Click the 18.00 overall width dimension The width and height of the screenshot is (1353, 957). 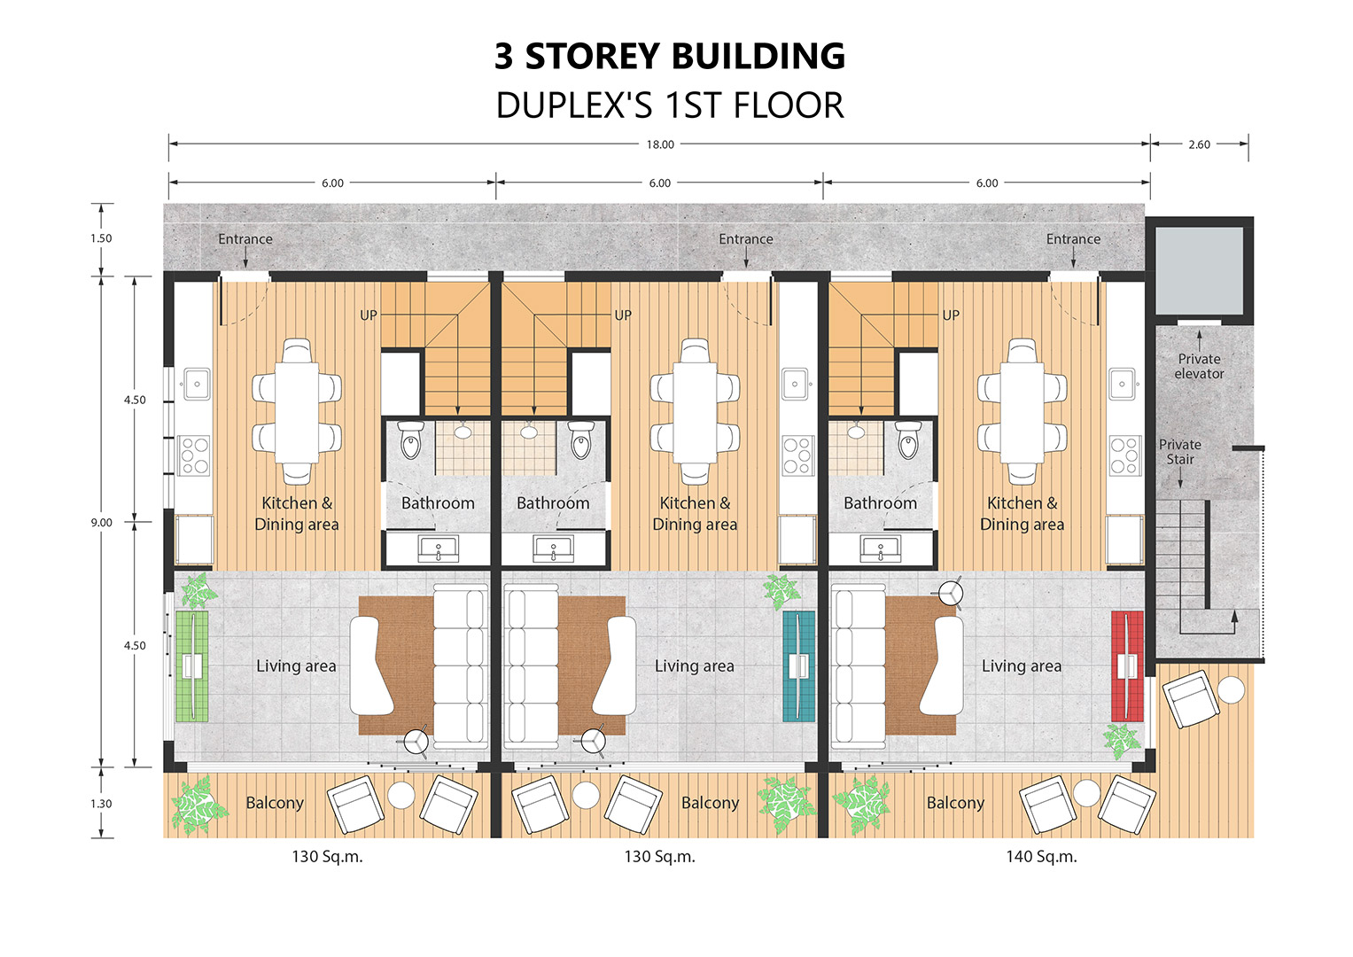[660, 144]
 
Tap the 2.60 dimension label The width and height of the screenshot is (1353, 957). [1199, 144]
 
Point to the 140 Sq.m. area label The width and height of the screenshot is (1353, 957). [1041, 857]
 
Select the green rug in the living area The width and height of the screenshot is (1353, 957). [192, 666]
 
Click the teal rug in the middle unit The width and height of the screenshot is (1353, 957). [798, 666]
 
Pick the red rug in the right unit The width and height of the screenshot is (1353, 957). [1127, 666]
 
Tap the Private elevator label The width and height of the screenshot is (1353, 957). [1199, 366]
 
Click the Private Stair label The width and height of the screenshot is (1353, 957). [1179, 452]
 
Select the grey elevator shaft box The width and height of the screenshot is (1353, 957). [1199, 270]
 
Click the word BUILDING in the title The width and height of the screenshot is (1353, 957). [758, 56]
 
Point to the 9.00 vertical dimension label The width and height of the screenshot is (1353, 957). [102, 523]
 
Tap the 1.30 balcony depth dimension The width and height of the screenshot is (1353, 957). [101, 804]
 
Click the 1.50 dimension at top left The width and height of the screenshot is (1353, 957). [101, 238]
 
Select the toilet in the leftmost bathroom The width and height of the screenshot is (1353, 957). [411, 440]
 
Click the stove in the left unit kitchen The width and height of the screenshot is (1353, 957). [194, 455]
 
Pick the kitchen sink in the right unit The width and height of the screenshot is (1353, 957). [1124, 384]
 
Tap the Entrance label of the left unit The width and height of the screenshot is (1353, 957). [245, 239]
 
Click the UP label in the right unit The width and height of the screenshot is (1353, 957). [951, 315]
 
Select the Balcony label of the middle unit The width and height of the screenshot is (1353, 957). [711, 803]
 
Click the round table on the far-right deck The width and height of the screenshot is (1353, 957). [1231, 690]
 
